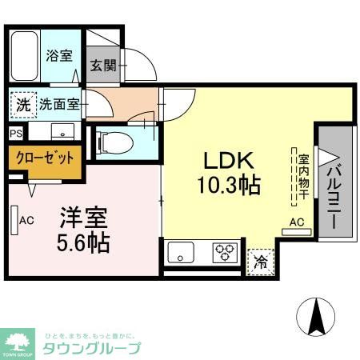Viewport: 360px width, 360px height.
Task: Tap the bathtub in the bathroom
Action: click(25, 55)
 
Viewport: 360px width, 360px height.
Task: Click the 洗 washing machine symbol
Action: click(23, 103)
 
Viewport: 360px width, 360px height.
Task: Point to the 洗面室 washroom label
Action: click(59, 103)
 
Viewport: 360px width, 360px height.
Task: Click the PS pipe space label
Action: click(16, 134)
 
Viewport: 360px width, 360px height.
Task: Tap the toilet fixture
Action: click(112, 142)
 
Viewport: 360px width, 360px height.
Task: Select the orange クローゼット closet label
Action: click(45, 158)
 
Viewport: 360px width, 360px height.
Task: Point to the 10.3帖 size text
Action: click(228, 186)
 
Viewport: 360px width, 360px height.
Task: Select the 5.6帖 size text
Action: click(83, 242)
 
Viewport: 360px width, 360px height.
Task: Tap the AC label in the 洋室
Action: click(26, 220)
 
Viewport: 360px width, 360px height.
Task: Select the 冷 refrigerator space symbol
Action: click(260, 261)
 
